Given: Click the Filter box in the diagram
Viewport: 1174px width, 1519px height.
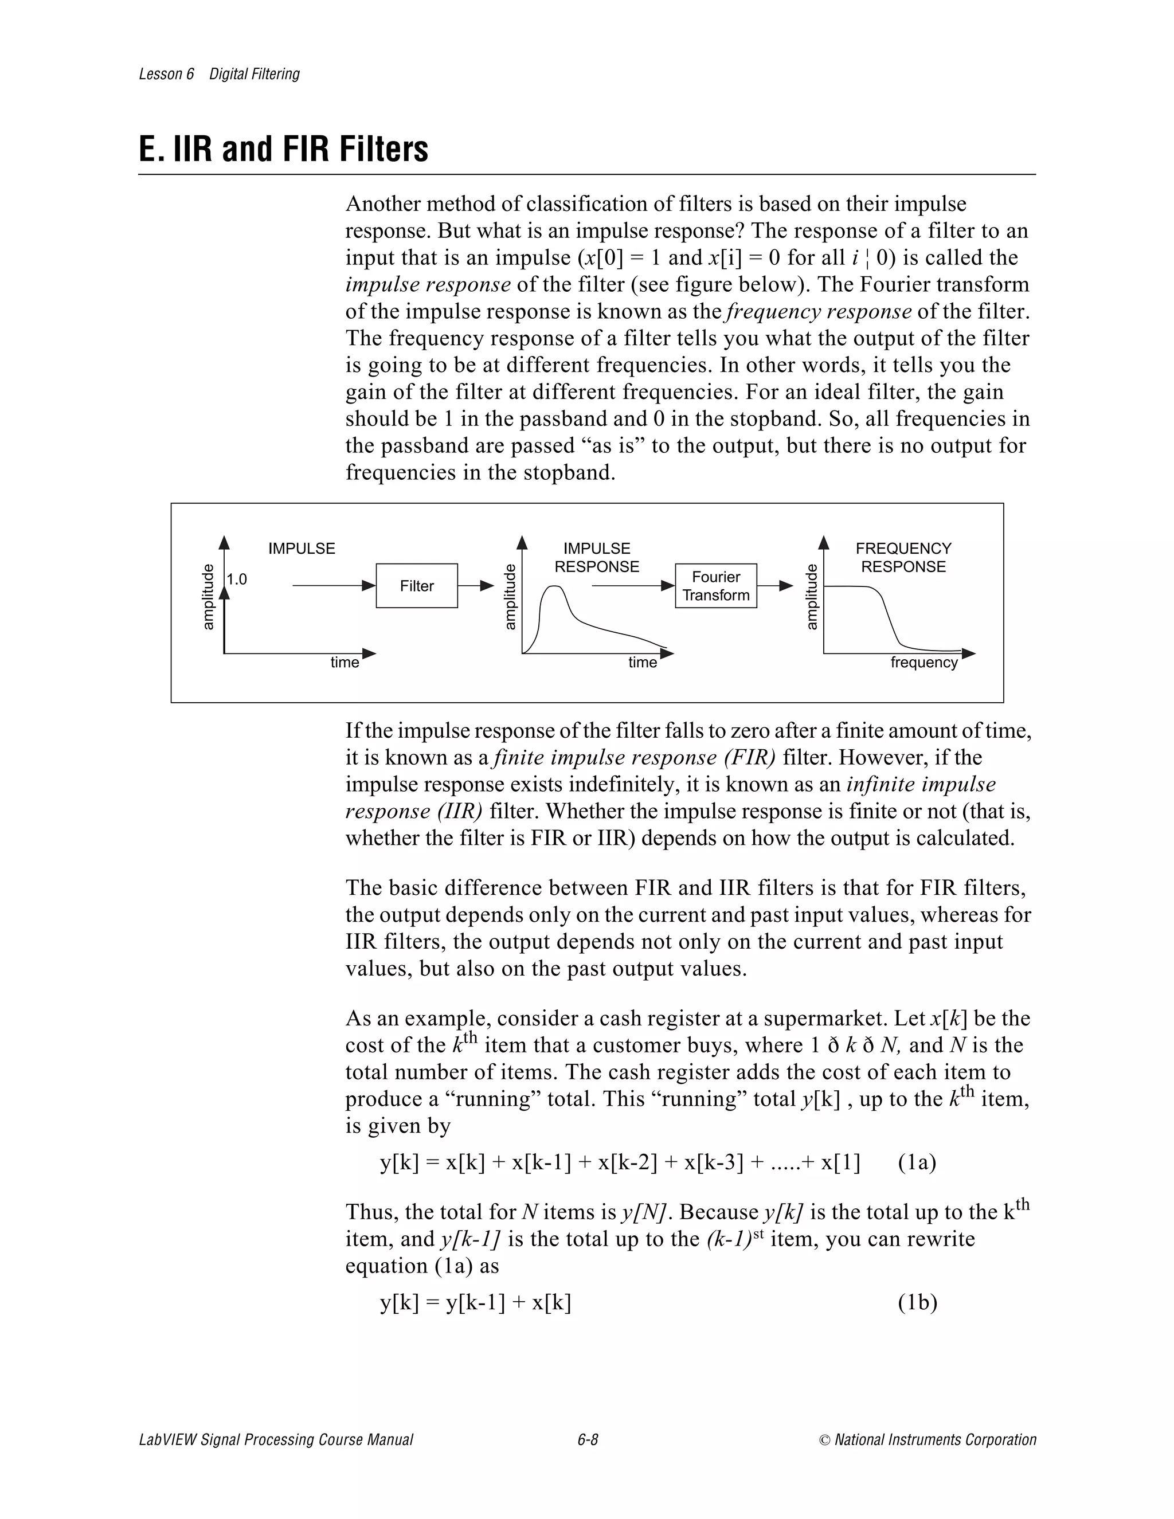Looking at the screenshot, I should (x=417, y=586).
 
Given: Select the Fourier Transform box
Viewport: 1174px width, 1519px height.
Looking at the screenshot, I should (x=715, y=586).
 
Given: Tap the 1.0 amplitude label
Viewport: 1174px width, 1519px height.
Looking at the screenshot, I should (x=237, y=580).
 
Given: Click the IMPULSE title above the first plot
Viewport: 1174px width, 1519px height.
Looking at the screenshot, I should (x=302, y=549).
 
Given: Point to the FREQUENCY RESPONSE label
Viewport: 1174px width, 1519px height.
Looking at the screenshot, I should (x=903, y=557).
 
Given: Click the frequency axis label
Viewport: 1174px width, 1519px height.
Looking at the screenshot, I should (x=923, y=663).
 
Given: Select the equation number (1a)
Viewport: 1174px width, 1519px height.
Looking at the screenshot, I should (x=917, y=1162).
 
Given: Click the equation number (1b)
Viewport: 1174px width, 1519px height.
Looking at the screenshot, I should (x=917, y=1303).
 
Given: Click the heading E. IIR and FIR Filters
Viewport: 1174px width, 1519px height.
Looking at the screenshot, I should (x=284, y=150).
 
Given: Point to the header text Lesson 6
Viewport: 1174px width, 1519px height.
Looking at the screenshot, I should (x=166, y=75).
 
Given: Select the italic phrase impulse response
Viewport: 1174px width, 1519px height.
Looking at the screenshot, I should (x=428, y=284).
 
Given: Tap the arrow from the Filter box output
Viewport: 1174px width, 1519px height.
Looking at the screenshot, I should (x=476, y=586).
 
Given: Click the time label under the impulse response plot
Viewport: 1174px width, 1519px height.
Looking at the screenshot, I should (x=642, y=663).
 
